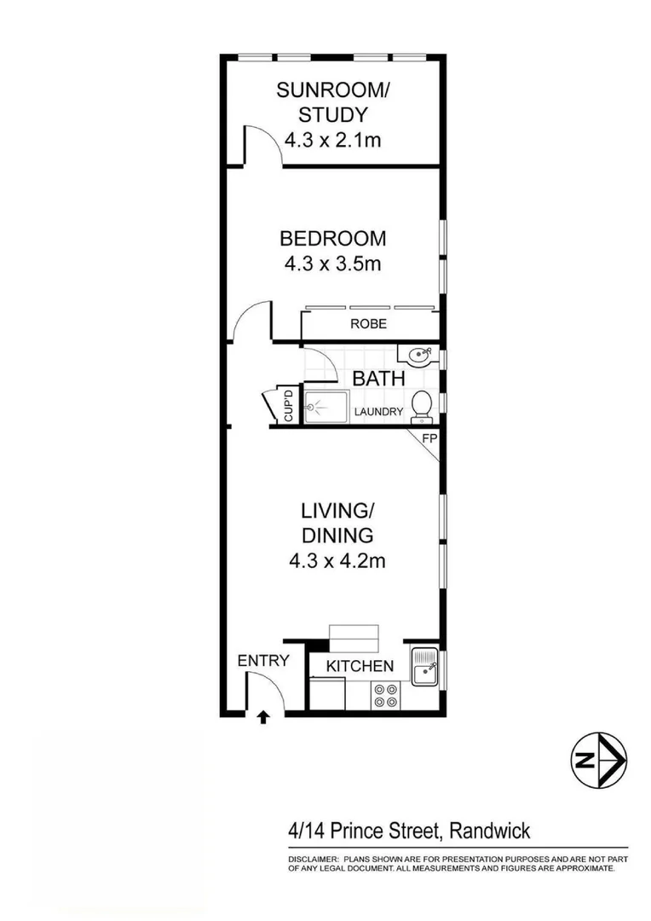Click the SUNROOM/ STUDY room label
click(x=333, y=102)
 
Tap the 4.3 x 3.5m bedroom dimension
click(x=333, y=264)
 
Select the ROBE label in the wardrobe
click(x=368, y=324)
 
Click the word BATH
click(x=378, y=379)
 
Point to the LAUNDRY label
click(x=380, y=412)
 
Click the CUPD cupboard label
click(x=288, y=405)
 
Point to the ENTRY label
click(x=263, y=660)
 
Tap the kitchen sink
click(x=423, y=667)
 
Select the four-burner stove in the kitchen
click(x=384, y=697)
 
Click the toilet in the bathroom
click(x=421, y=406)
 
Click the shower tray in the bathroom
click(x=326, y=407)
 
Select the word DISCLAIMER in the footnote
click(x=312, y=859)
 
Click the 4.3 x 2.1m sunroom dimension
click(x=333, y=140)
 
